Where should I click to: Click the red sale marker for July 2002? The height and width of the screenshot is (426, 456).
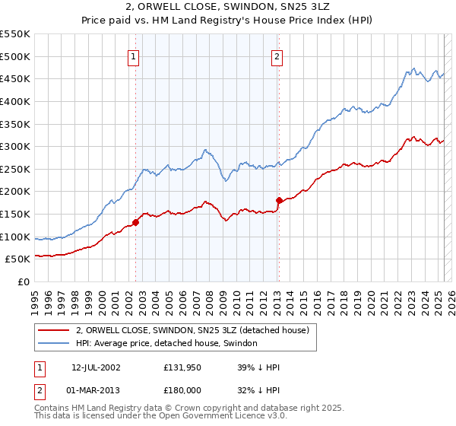pos(136,223)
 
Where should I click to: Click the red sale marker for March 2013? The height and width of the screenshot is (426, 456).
pos(279,201)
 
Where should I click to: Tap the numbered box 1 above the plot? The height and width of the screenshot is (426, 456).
pos(134,56)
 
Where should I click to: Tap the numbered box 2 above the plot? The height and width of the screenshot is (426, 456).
pos(277,56)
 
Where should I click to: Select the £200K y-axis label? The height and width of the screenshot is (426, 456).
pos(15,192)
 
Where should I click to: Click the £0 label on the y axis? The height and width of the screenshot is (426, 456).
pos(24,282)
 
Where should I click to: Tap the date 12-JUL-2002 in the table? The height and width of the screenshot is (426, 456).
pos(96,367)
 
